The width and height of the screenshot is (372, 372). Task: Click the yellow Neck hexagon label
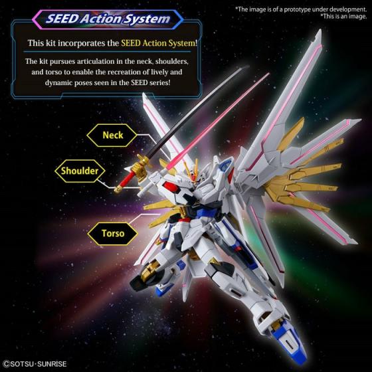click(x=112, y=136)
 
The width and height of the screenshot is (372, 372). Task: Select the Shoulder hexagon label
click(x=80, y=171)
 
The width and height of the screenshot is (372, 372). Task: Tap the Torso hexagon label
click(x=113, y=233)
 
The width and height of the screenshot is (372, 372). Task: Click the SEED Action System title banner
click(x=108, y=19)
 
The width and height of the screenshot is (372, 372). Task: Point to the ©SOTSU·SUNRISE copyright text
click(x=35, y=364)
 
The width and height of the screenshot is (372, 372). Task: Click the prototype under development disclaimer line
click(x=301, y=9)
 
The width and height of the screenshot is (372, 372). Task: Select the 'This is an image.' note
click(x=343, y=17)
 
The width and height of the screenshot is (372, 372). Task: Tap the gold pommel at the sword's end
click(x=118, y=189)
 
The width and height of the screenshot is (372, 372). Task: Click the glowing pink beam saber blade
click(x=218, y=121)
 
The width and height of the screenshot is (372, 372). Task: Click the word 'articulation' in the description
click(x=95, y=61)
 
